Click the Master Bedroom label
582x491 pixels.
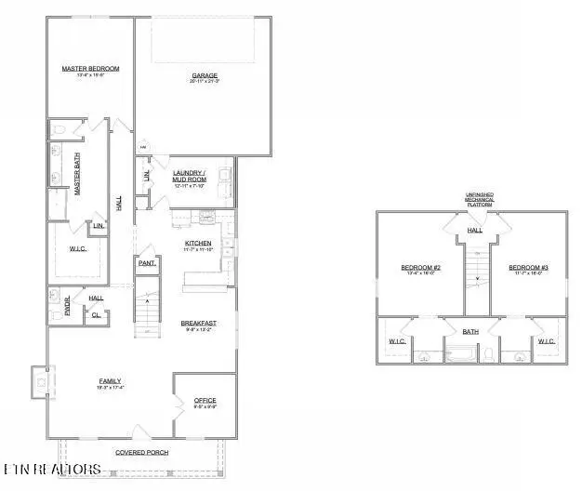(x=90, y=68)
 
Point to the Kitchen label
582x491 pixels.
(x=199, y=244)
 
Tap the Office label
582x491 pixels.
(x=205, y=401)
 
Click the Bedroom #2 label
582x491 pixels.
(x=420, y=268)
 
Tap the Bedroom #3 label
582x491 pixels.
(x=528, y=268)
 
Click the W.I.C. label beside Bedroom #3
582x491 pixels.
(x=546, y=340)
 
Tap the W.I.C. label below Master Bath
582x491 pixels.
(x=78, y=248)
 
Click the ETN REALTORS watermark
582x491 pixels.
(x=51, y=469)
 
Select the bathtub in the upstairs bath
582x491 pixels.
(x=459, y=353)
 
